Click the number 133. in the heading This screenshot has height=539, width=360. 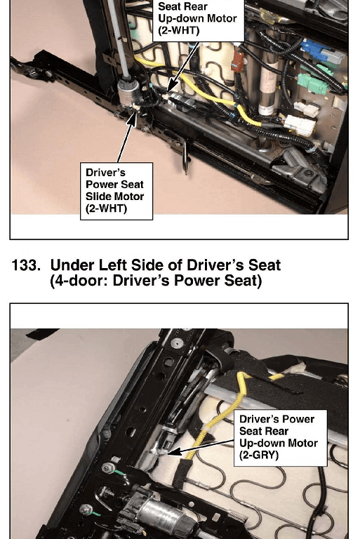point(26,265)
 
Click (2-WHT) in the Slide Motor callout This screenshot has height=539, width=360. point(106,208)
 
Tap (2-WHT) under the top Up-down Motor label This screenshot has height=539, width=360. point(179,30)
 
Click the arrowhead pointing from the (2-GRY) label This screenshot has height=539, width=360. point(173,451)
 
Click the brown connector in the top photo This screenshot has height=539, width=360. point(237,61)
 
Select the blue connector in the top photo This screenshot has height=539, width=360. point(314,48)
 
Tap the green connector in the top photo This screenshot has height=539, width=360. point(312,84)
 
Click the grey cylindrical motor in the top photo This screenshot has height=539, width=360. point(128,93)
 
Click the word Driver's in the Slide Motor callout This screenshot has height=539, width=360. point(105,172)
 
